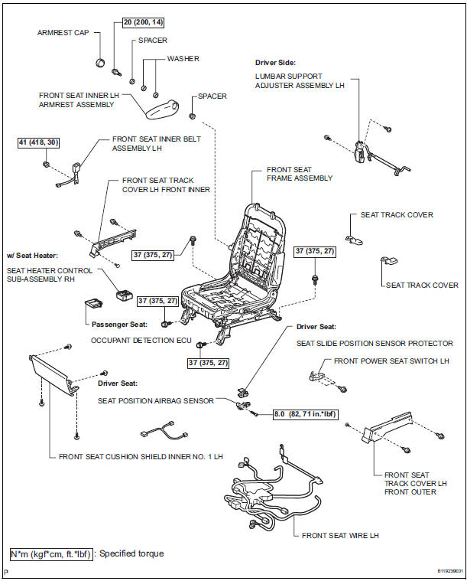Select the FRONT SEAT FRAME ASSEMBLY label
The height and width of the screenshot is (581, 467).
coord(300,174)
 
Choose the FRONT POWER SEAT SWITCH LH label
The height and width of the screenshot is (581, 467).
coord(382,360)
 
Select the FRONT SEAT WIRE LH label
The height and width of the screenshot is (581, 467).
coord(340,535)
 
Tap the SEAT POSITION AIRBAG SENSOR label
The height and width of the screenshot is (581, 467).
coord(155,400)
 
